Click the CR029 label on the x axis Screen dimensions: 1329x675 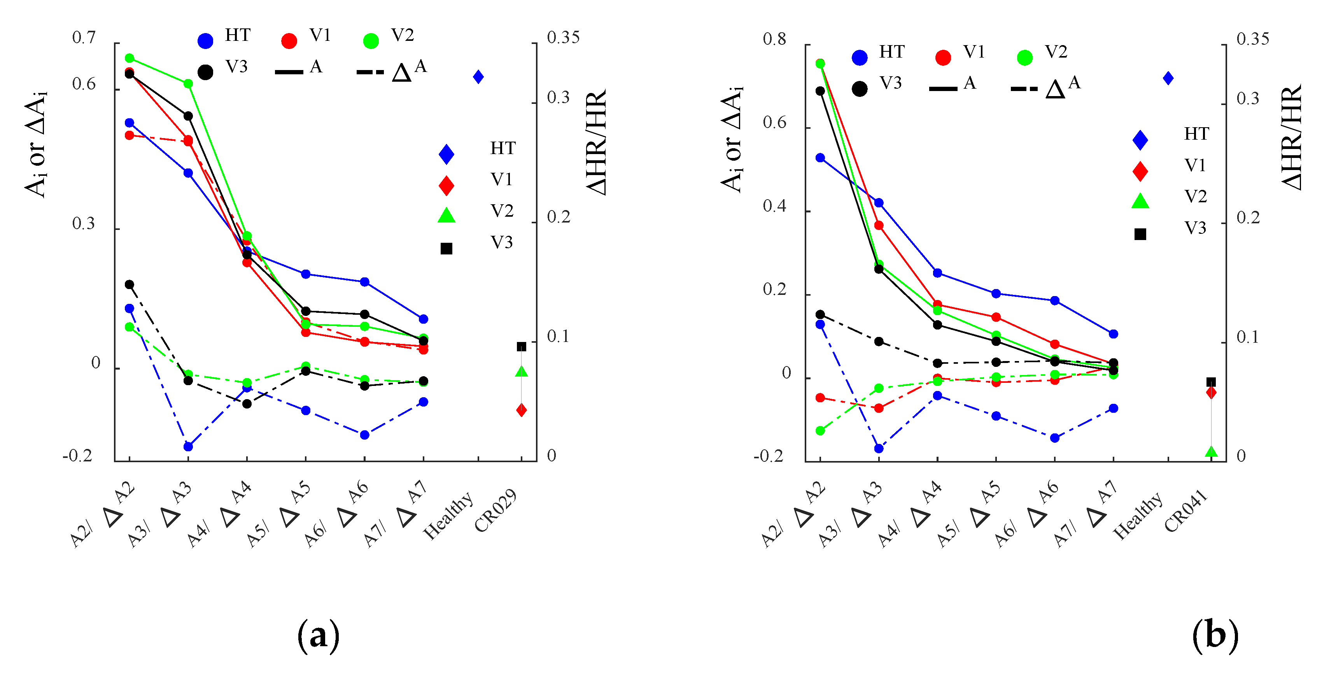pos(495,510)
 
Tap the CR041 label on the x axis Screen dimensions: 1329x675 pos(1185,510)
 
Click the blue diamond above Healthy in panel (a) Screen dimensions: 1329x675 pos(478,77)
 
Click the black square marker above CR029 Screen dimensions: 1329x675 pos(522,347)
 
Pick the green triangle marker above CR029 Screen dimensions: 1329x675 pos(522,371)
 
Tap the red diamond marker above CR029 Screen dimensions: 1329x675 pos(522,410)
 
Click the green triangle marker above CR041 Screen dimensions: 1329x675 pos(1212,452)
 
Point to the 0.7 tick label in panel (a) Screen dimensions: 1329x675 pos(84,37)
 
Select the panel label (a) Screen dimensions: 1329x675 pos(318,636)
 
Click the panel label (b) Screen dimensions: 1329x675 pos(1215,635)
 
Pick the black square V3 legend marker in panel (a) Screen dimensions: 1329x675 pos(446,249)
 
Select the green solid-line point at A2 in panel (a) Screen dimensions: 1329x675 pos(130,58)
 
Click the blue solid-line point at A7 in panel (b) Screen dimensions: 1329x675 pos(1114,334)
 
